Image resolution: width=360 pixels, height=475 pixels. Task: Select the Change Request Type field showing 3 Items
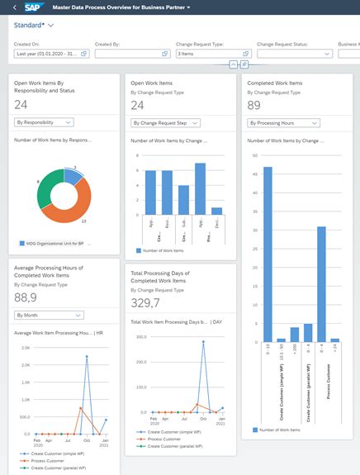tap(210, 54)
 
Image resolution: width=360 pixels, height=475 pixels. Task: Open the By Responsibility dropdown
tap(44, 122)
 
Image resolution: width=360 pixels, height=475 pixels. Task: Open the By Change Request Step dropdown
tap(165, 123)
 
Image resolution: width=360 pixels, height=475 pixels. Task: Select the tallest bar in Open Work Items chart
tap(199, 189)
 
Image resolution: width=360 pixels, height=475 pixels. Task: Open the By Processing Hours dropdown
tap(283, 123)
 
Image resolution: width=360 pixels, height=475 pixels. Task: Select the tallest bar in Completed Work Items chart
tap(268, 252)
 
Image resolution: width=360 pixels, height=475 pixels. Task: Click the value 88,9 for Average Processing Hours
tap(26, 297)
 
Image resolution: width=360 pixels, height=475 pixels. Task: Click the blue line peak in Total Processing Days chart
tap(202, 340)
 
